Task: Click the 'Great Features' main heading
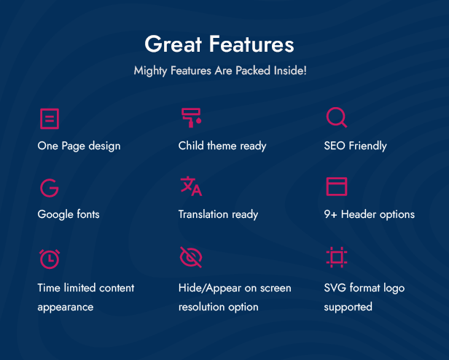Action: pyautogui.click(x=219, y=44)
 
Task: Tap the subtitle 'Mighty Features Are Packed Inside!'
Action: pyautogui.click(x=220, y=71)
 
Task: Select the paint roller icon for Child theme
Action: pyautogui.click(x=191, y=117)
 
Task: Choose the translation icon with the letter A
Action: pyautogui.click(x=191, y=186)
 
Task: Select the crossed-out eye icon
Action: pyautogui.click(x=191, y=257)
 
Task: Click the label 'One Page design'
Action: pyautogui.click(x=79, y=146)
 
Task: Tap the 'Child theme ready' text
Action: pyautogui.click(x=222, y=146)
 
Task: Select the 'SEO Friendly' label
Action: pyautogui.click(x=356, y=146)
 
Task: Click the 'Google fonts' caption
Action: pyautogui.click(x=69, y=214)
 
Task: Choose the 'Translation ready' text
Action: pyautogui.click(x=218, y=214)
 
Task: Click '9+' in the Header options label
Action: pyautogui.click(x=330, y=214)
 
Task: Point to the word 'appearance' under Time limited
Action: pyautogui.click(x=66, y=308)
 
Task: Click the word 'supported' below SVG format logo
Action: pyautogui.click(x=348, y=307)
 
